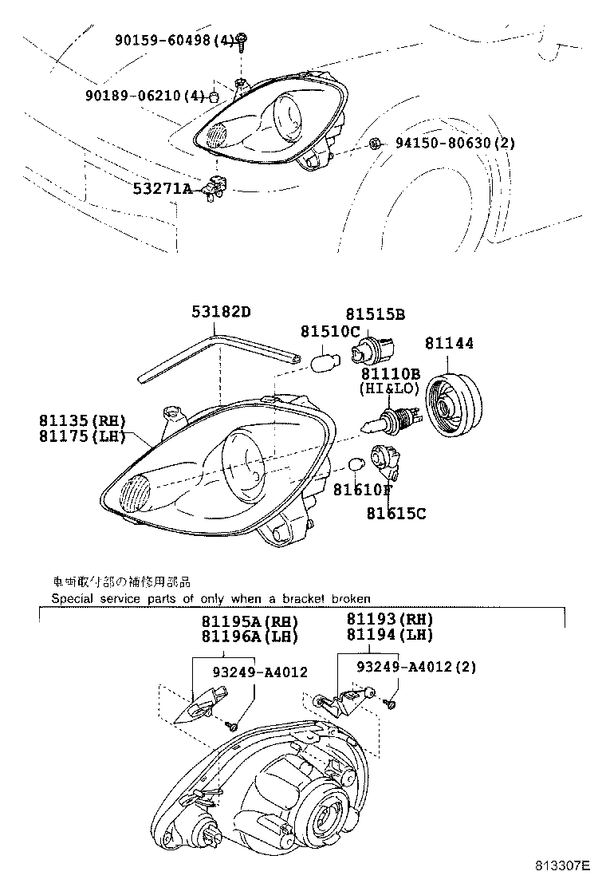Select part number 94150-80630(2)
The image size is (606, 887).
click(x=455, y=144)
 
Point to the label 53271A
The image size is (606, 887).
click(x=163, y=189)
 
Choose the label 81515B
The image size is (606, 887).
click(x=375, y=315)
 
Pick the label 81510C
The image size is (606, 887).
click(x=330, y=331)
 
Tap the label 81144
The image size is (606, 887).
click(x=449, y=343)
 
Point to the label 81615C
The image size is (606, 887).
click(x=396, y=514)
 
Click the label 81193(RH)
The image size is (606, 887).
click(x=389, y=619)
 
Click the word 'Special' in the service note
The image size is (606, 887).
click(x=72, y=598)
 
